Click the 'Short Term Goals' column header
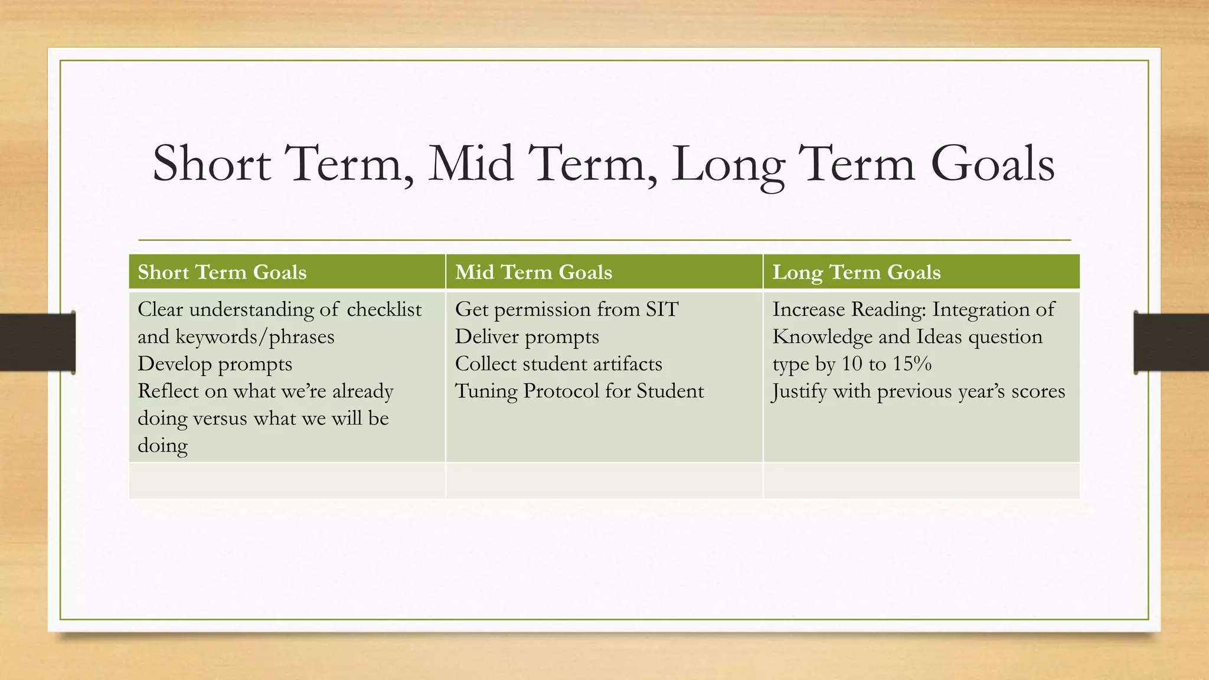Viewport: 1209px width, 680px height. (x=222, y=272)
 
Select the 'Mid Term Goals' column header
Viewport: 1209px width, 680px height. (x=534, y=272)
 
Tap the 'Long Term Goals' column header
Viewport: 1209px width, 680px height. (x=856, y=272)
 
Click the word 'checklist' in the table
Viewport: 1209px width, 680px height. (x=384, y=309)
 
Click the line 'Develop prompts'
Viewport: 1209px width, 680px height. (x=215, y=364)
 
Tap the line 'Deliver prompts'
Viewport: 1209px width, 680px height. (x=527, y=336)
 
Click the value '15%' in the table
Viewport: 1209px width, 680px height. (x=912, y=364)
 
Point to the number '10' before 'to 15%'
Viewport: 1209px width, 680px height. (x=852, y=364)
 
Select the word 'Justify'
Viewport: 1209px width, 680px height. (x=799, y=391)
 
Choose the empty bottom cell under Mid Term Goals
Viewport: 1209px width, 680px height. (x=604, y=480)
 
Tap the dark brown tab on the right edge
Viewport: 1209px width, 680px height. (x=1171, y=342)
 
